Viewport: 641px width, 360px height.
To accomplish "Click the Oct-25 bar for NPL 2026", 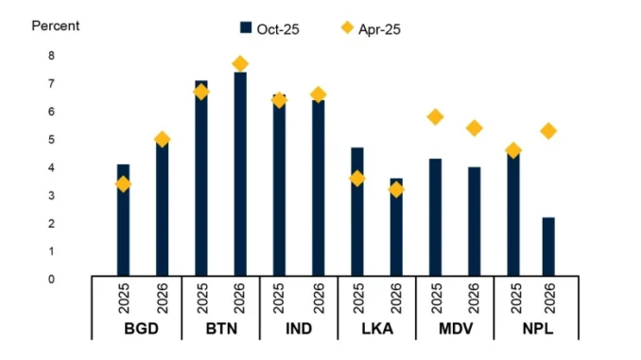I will pos(548,246).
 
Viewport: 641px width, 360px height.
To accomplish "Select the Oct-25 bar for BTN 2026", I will pos(240,174).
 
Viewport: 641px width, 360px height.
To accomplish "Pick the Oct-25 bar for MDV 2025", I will pos(435,217).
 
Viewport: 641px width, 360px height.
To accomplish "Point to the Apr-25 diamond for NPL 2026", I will pos(548,131).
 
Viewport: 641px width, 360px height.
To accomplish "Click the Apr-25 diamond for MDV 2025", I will pos(435,117).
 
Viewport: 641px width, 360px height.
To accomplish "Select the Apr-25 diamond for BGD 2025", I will pos(123,184).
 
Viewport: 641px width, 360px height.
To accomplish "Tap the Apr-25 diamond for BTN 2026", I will pos(240,64).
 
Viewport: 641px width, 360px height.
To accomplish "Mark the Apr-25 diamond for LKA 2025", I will pos(357,179).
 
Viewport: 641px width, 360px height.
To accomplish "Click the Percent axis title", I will pos(56,26).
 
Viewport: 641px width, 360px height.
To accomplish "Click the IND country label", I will pos(298,330).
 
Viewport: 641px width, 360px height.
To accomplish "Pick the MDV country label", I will pos(454,330).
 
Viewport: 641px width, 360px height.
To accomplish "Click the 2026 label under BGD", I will pos(162,298).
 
